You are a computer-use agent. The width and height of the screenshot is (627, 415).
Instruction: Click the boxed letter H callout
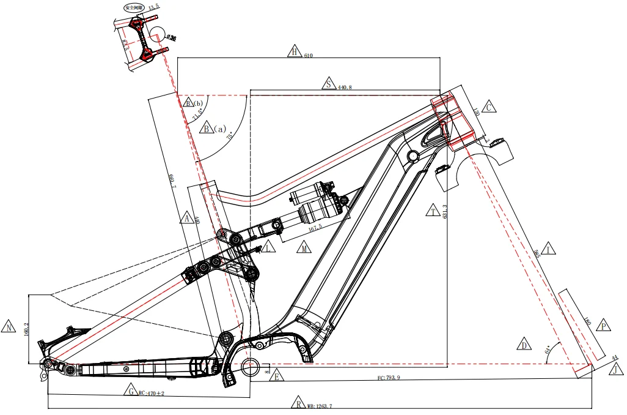click(295, 52)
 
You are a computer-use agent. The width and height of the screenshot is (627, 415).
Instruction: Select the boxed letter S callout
click(329, 84)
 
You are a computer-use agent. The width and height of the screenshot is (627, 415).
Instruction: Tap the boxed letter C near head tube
click(488, 107)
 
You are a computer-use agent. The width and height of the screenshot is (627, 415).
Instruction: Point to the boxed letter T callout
click(433, 211)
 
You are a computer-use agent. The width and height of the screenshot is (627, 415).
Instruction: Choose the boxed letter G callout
click(130, 391)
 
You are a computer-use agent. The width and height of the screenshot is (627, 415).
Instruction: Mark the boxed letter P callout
click(604, 326)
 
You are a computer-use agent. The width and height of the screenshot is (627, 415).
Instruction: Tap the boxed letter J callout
click(617, 368)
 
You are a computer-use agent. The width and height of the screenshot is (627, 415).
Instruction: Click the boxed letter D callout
click(524, 345)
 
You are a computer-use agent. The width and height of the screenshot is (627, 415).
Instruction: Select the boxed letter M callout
click(304, 248)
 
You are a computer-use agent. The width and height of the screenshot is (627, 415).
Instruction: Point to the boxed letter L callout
click(268, 247)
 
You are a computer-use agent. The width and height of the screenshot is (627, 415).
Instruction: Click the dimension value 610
click(309, 56)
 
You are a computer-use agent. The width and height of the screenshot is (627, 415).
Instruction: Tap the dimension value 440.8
click(345, 88)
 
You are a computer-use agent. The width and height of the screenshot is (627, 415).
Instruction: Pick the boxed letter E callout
click(276, 376)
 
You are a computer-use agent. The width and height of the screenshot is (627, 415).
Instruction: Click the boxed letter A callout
click(188, 218)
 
